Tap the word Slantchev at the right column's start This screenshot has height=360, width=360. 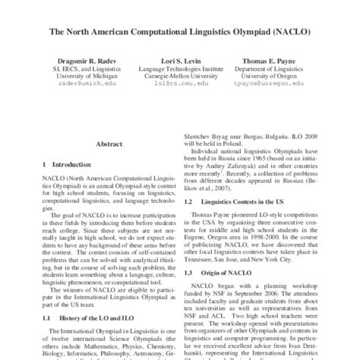coord(202,134)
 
